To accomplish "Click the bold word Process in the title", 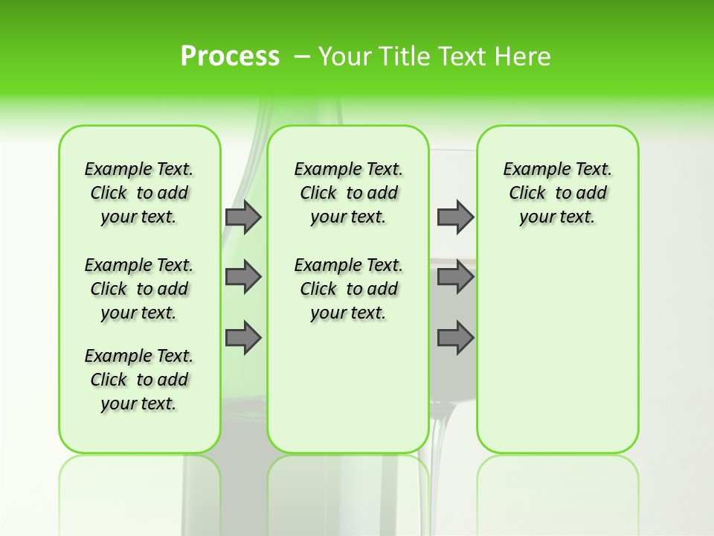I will point(230,57).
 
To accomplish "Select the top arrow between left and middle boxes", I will point(243,217).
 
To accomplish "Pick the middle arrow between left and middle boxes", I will point(243,277).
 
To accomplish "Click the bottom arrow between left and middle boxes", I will point(243,338).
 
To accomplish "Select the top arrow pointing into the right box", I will point(455,217).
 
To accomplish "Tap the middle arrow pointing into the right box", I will point(455,277).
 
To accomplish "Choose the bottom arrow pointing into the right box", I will point(455,338).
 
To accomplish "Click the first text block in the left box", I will point(139,193).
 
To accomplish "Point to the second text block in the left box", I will point(139,289).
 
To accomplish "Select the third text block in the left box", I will point(139,380).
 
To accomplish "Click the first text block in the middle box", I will point(348,193).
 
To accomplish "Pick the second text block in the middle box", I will point(348,289).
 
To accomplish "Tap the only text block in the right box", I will point(557,193).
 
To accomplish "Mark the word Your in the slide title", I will point(345,57).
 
